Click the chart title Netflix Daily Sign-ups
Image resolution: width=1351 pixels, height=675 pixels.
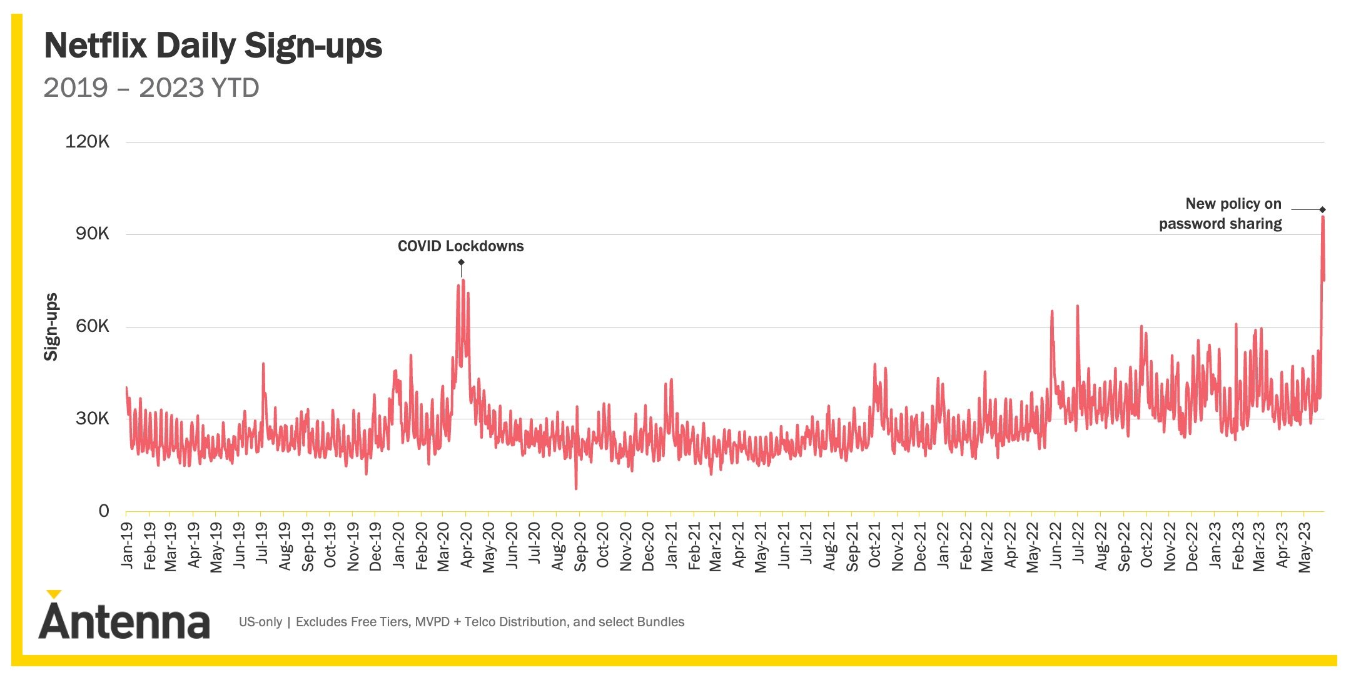pyautogui.click(x=213, y=46)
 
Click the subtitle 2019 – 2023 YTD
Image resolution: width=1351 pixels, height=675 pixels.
pyautogui.click(x=151, y=88)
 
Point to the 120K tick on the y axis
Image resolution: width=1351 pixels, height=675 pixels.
pyautogui.click(x=87, y=142)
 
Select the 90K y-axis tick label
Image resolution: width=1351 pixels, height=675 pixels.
pyautogui.click(x=92, y=234)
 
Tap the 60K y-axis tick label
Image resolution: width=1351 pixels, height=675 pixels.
pyautogui.click(x=92, y=326)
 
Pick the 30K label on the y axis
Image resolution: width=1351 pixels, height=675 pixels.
pyautogui.click(x=92, y=419)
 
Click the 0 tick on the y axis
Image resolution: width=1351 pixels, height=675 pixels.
pyautogui.click(x=104, y=511)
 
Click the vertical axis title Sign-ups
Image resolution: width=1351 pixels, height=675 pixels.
pyautogui.click(x=51, y=327)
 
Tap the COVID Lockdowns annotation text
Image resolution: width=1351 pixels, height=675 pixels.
pyautogui.click(x=460, y=246)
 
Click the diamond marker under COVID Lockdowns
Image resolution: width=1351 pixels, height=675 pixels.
pyautogui.click(x=461, y=262)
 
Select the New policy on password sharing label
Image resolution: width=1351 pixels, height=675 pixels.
pyautogui.click(x=1220, y=214)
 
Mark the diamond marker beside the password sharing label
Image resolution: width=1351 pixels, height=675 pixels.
pyautogui.click(x=1322, y=209)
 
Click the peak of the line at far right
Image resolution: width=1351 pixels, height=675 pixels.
pyautogui.click(x=1322, y=217)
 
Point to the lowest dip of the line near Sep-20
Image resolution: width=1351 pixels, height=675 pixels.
pyautogui.click(x=576, y=488)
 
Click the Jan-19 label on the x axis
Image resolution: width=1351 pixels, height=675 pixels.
pyautogui.click(x=128, y=546)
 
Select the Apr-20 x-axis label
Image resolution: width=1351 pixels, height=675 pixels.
pyautogui.click(x=467, y=546)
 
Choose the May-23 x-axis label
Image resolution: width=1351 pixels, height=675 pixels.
pyautogui.click(x=1305, y=547)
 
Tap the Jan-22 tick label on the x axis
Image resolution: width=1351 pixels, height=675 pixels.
pyautogui.click(x=943, y=546)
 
